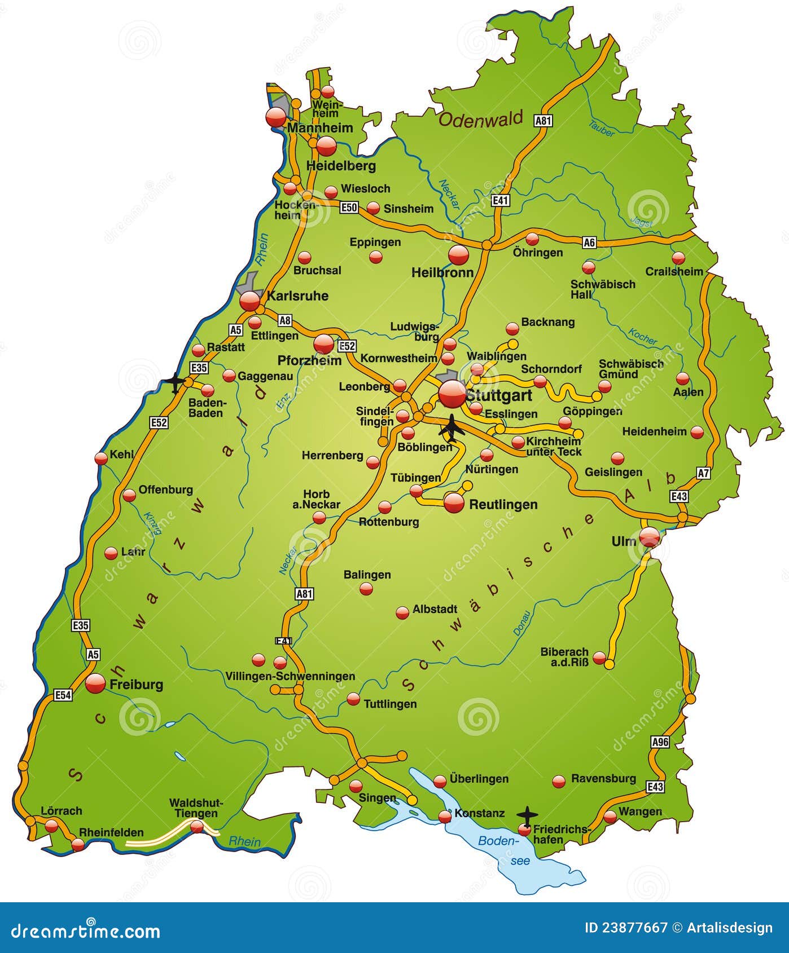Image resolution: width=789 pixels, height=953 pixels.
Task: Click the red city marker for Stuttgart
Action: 452,394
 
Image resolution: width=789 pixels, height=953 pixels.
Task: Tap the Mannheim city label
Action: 320,128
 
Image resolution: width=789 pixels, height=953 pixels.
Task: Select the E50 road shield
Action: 349,208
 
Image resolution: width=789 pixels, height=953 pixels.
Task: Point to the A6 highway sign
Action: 589,242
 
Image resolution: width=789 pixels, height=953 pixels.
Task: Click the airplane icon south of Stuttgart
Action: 452,429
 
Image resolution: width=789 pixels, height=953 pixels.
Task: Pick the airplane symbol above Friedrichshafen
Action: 527,815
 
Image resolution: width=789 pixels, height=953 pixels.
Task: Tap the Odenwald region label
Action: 481,119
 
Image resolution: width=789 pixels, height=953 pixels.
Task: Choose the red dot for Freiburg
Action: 95,683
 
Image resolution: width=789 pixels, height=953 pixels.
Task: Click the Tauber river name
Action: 601,129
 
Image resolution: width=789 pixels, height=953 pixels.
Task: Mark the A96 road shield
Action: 660,742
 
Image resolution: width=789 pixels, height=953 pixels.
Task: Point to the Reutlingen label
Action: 503,504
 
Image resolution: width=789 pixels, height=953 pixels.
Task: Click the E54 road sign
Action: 63,695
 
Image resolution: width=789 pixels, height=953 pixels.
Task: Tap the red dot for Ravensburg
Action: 559,781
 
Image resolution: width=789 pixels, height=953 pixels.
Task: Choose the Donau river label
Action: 522,624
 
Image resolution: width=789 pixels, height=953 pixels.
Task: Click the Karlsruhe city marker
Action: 250,301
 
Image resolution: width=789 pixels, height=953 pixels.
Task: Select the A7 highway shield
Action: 703,473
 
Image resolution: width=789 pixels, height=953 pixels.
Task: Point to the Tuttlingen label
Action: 390,704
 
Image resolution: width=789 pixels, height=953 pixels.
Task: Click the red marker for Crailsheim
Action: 678,258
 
